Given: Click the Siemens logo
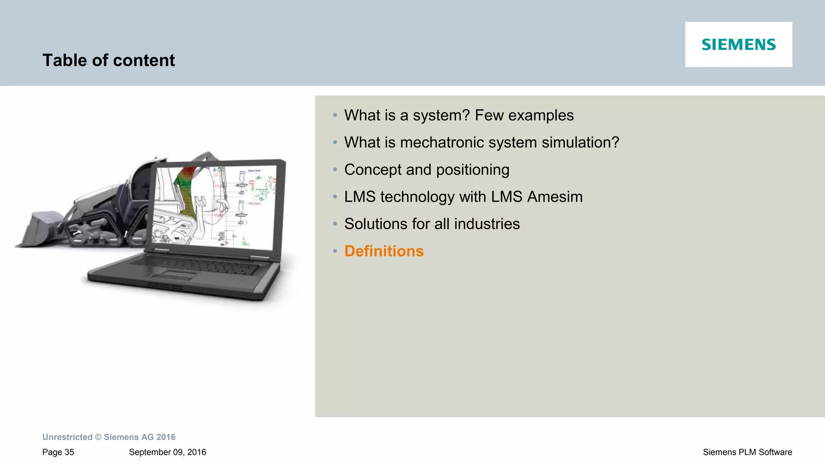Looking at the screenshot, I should (x=738, y=44).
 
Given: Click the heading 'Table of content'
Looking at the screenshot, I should (x=108, y=60).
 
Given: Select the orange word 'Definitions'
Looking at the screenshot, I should (x=383, y=251).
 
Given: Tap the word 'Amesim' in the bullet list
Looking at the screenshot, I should (x=555, y=197).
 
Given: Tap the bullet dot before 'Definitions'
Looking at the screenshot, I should (x=335, y=251).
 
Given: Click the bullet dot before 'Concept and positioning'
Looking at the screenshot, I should (x=335, y=170).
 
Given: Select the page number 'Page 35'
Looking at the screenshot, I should (x=58, y=452).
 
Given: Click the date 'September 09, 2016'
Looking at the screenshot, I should (x=167, y=452).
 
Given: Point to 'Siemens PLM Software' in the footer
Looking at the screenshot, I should (x=747, y=452).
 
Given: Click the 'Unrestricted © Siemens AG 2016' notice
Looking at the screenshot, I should (x=109, y=437).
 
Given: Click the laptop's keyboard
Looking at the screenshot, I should (x=193, y=265).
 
